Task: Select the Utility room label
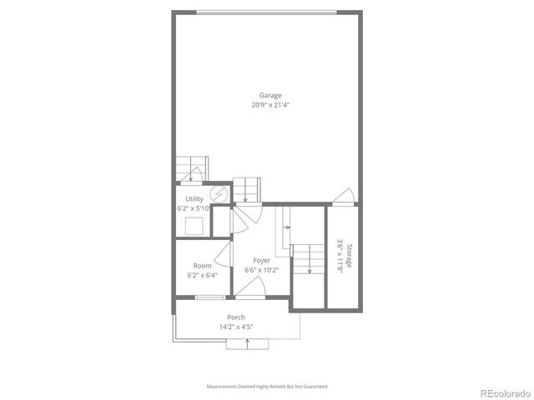coord(194,198)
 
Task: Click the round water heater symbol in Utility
coord(220,193)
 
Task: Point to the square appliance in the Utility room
coord(195,226)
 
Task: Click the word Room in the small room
coord(202,265)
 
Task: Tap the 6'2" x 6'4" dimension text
coord(202,275)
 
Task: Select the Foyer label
coord(262,260)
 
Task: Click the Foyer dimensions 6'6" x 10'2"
coord(262,270)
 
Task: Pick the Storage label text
coord(350,255)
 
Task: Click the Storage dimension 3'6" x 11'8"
coord(340,255)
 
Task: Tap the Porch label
coord(237,317)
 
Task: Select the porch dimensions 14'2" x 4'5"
coord(237,327)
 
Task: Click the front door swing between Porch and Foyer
coord(252,287)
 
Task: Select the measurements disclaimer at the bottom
coord(267,387)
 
